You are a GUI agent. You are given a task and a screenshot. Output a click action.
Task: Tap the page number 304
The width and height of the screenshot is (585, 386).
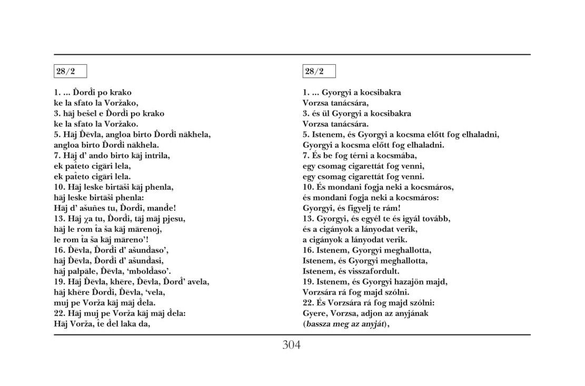[291, 346]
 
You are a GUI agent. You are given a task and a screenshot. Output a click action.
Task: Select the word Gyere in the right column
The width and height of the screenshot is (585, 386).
[314, 313]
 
